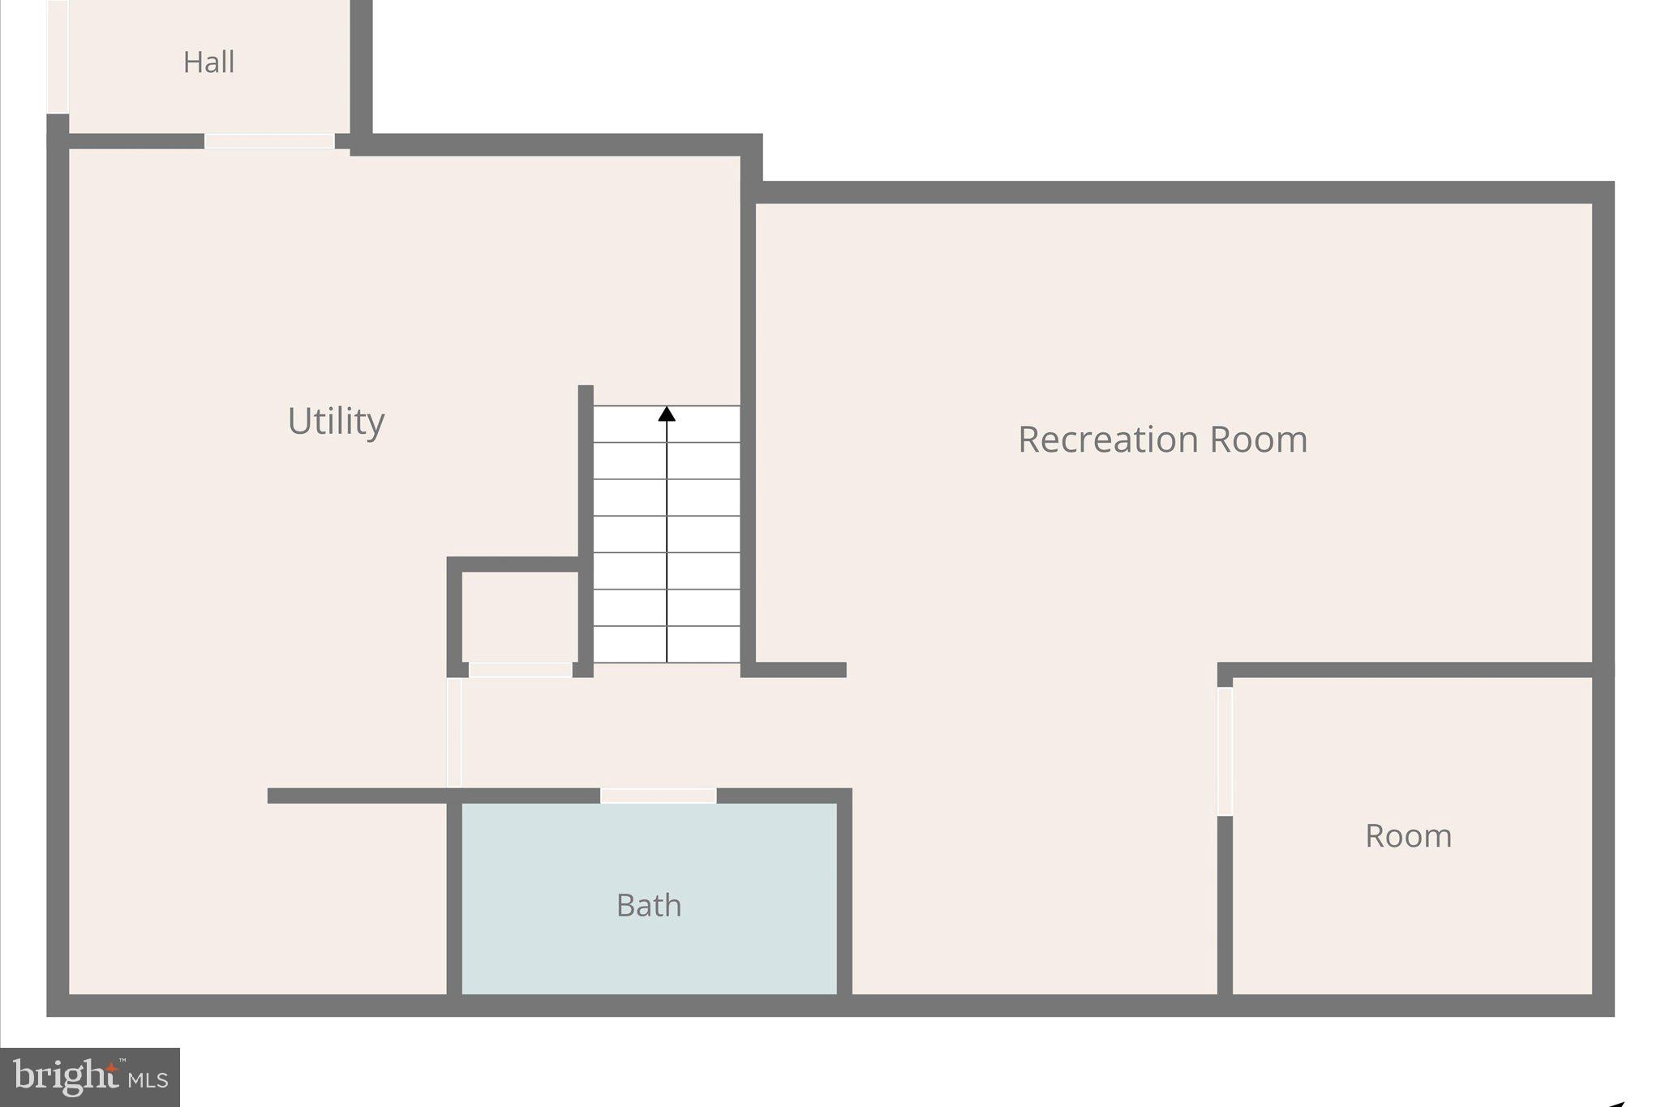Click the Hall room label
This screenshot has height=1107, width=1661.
click(x=208, y=62)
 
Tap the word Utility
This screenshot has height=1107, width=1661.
click(x=336, y=421)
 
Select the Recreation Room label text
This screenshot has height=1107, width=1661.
click(x=1162, y=440)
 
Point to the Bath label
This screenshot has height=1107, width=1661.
click(x=649, y=905)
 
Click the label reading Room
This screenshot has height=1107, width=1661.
click(x=1408, y=836)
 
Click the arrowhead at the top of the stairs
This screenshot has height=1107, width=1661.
click(x=667, y=414)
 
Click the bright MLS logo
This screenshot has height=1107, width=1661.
click(x=90, y=1077)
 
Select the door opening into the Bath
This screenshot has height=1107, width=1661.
click(x=658, y=796)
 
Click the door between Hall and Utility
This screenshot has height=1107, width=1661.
click(x=269, y=141)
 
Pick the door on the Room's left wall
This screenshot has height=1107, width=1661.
click(x=1225, y=751)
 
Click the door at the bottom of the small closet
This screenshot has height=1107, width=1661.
click(x=521, y=670)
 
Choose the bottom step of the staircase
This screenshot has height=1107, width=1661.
click(x=667, y=645)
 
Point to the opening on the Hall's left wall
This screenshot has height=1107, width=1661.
click(x=58, y=57)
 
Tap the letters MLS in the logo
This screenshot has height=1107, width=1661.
click(x=148, y=1079)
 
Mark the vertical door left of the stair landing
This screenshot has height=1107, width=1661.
click(x=454, y=732)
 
